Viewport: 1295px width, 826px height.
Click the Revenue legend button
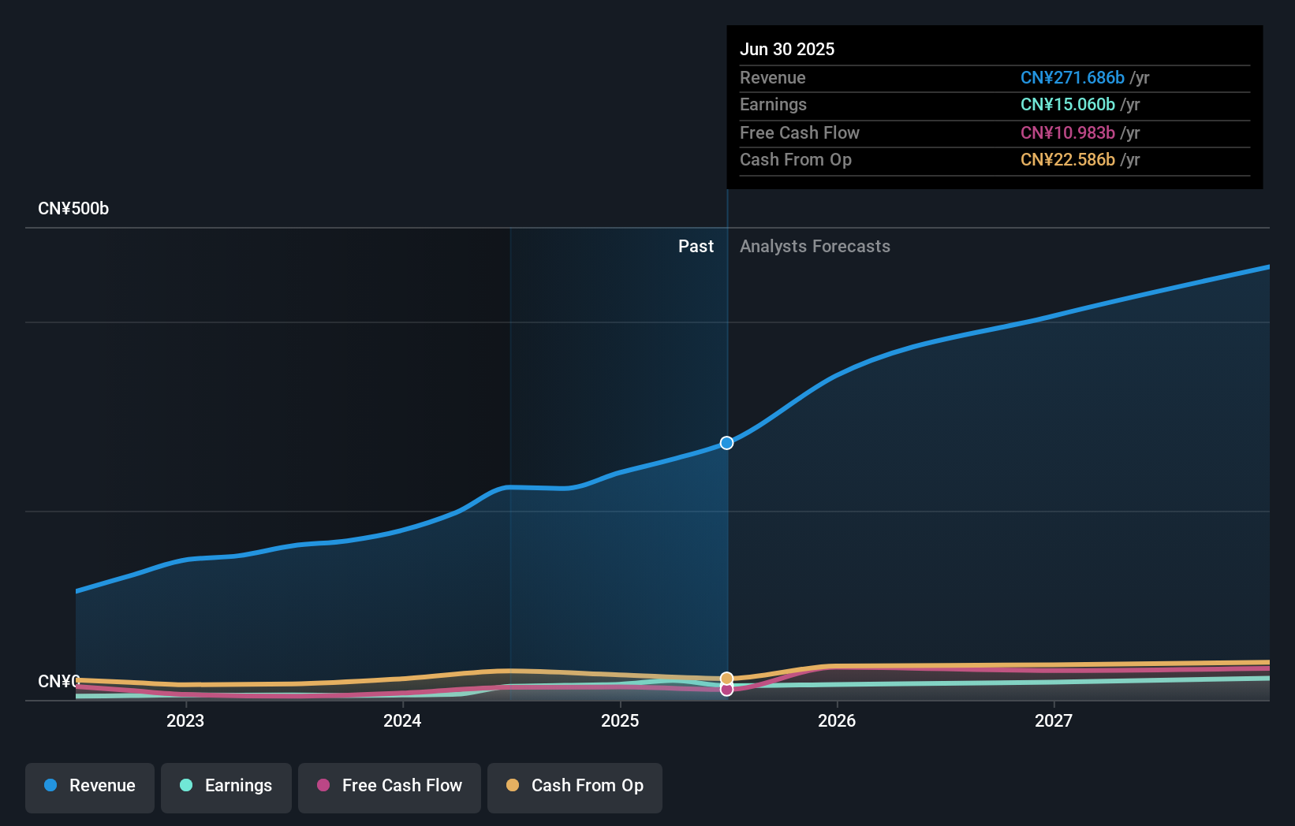pyautogui.click(x=90, y=786)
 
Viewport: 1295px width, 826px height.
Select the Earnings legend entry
pyautogui.click(x=226, y=786)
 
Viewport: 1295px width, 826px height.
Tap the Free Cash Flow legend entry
pyautogui.click(x=390, y=786)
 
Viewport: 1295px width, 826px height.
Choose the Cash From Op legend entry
pyautogui.click(x=575, y=786)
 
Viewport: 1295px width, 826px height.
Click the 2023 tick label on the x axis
pyautogui.click(x=185, y=720)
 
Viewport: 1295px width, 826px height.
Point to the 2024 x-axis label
pyautogui.click(x=402, y=720)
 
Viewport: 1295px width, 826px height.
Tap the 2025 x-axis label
pyautogui.click(x=620, y=720)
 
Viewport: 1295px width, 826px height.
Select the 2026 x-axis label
pyautogui.click(x=837, y=720)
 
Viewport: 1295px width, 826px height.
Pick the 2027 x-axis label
pyautogui.click(x=1054, y=720)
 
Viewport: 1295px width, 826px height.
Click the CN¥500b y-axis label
pyautogui.click(x=73, y=209)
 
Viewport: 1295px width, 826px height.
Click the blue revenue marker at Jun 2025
pyautogui.click(x=727, y=443)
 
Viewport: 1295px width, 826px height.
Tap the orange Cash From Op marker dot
pyautogui.click(x=727, y=678)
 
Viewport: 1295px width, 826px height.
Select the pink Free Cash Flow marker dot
pyautogui.click(x=727, y=690)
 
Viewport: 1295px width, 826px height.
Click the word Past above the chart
pyautogui.click(x=696, y=247)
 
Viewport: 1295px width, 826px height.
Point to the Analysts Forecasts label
pyautogui.click(x=815, y=247)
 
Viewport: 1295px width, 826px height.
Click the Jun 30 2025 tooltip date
pyautogui.click(x=787, y=49)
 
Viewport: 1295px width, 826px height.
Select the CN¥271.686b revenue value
pyautogui.click(x=1072, y=78)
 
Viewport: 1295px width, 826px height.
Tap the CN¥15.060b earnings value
pyautogui.click(x=1067, y=105)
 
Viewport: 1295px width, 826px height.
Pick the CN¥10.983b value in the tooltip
pyautogui.click(x=1067, y=132)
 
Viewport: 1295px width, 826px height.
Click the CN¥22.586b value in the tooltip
pyautogui.click(x=1067, y=160)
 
